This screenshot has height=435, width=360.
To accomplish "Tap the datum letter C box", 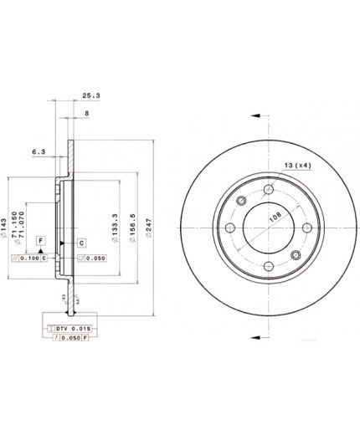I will tap(82, 243).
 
